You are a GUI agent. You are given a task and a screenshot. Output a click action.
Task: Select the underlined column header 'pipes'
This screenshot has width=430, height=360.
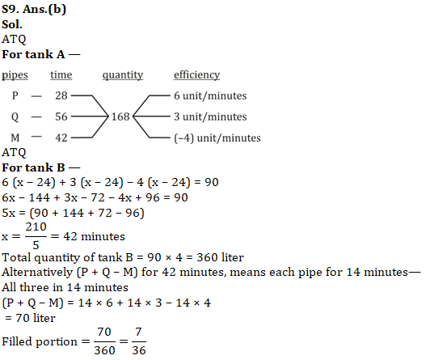click(16, 75)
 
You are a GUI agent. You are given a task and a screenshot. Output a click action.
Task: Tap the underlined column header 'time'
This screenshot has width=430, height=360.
click(61, 75)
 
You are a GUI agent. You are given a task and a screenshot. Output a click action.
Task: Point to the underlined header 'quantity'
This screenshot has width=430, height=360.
click(123, 75)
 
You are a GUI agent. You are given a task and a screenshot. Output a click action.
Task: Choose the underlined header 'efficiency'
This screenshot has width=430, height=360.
click(196, 75)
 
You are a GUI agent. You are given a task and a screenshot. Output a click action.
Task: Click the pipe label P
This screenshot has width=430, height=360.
click(15, 95)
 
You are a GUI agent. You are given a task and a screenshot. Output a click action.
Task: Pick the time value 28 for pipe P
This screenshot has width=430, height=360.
click(61, 95)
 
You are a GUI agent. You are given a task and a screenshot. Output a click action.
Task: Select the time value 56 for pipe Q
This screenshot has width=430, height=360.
click(61, 116)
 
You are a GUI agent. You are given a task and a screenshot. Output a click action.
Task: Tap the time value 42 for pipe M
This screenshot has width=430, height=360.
click(61, 138)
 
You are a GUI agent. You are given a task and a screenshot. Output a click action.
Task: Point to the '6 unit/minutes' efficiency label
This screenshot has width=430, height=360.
click(210, 95)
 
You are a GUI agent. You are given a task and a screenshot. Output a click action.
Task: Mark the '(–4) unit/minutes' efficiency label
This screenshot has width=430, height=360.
click(217, 138)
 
